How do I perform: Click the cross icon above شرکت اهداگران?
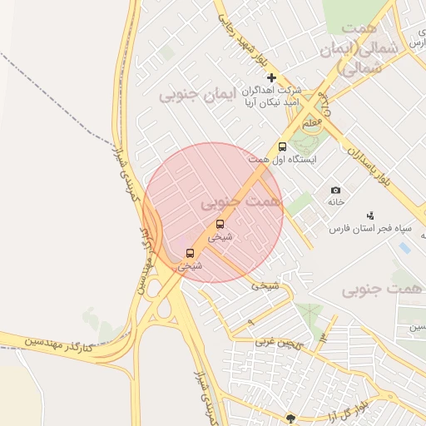click(x=271, y=77)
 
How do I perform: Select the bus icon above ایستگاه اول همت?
click(x=282, y=146)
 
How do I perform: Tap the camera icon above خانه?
click(x=336, y=191)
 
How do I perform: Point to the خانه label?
click(x=336, y=202)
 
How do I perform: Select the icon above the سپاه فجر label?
click(x=370, y=216)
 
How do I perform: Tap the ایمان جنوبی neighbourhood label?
click(x=197, y=95)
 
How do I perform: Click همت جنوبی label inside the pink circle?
click(x=241, y=201)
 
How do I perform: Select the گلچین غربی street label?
click(x=274, y=341)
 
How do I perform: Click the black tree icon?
click(x=290, y=419)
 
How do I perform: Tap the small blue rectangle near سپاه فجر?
click(x=404, y=247)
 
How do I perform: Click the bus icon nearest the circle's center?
click(x=220, y=224)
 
